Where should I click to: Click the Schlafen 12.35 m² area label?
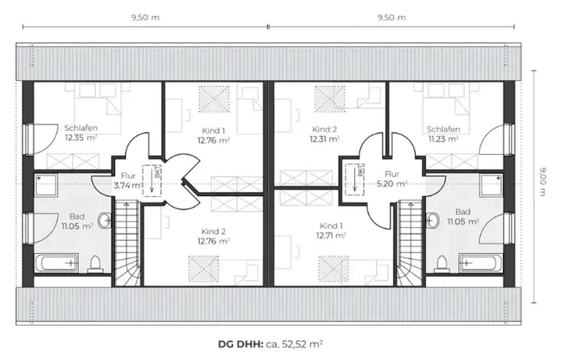click(81, 133)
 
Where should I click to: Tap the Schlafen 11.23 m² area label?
click(443, 134)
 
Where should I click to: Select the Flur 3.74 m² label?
click(128, 181)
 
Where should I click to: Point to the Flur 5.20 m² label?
click(392, 179)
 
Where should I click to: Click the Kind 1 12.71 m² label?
click(331, 231)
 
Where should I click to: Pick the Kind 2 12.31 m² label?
click(324, 134)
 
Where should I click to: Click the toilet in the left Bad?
click(95, 264)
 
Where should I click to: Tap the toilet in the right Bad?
click(442, 264)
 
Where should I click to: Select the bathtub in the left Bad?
click(56, 264)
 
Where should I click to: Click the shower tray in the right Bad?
click(491, 186)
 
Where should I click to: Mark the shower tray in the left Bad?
click(46, 186)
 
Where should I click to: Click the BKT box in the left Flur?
click(152, 180)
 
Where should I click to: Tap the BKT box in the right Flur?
click(354, 179)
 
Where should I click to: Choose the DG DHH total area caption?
click(271, 344)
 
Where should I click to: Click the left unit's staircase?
click(127, 243)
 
